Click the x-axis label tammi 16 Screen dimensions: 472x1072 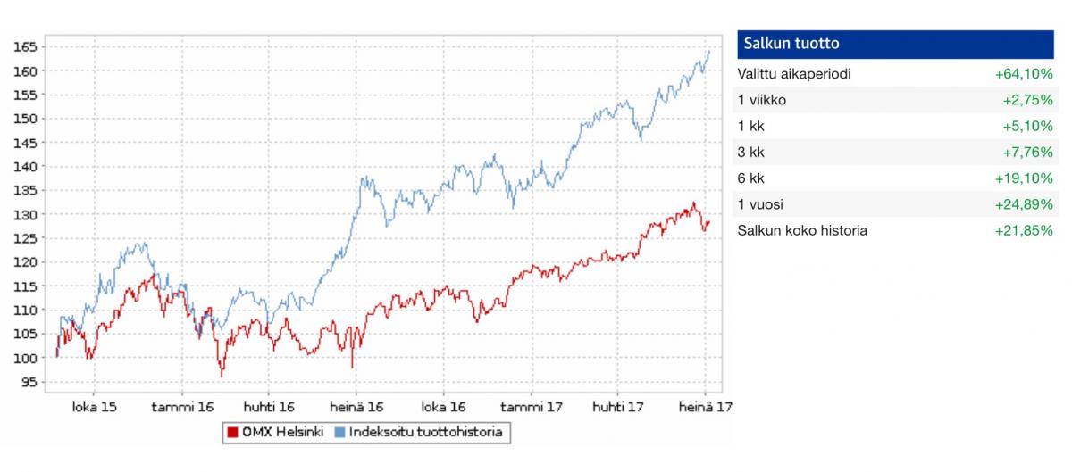pos(182,407)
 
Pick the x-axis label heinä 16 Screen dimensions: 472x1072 pos(356,407)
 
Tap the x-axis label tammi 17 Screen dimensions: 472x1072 pos(532,407)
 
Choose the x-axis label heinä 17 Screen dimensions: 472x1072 pos(706,407)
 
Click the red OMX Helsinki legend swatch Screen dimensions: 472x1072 pos(231,433)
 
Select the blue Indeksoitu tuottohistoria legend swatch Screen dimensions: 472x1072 pos(339,433)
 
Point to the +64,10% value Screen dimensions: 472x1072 pos(1024,74)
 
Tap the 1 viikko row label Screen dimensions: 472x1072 pos(762,100)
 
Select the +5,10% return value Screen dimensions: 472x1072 pos(1028,126)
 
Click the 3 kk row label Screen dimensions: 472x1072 pos(750,152)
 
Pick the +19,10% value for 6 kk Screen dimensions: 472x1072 pos(1024,178)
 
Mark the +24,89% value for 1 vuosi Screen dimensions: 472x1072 pos(1024,204)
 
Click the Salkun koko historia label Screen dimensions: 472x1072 pos(802,230)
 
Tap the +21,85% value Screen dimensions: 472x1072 pos(1024,230)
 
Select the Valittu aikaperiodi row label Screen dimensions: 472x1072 pos(794,74)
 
